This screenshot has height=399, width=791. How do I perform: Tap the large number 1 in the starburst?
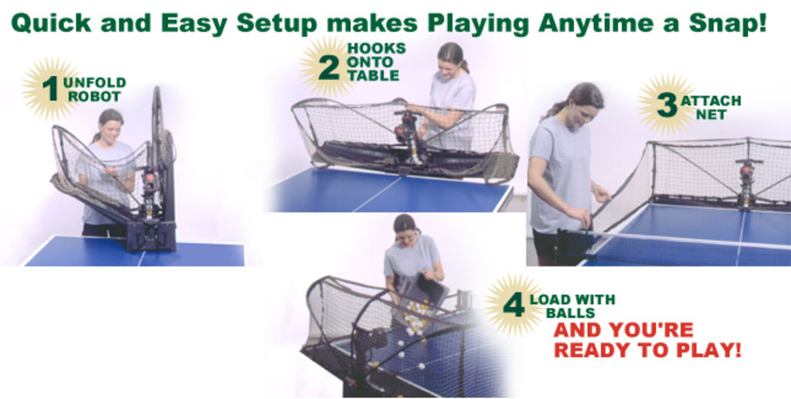click(50, 89)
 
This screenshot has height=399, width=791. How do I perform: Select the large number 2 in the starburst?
click(329, 68)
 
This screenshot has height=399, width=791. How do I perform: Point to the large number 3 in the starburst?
click(667, 105)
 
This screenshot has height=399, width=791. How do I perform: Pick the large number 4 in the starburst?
click(513, 305)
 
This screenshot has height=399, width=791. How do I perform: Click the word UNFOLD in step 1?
click(94, 83)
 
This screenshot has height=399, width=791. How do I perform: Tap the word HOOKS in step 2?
click(376, 48)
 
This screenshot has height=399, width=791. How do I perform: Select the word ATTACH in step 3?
click(711, 100)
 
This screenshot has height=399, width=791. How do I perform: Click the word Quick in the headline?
click(51, 23)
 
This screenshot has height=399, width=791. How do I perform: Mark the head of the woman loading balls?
click(405, 228)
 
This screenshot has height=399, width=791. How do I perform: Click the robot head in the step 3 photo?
click(746, 173)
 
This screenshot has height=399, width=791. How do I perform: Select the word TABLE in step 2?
click(373, 76)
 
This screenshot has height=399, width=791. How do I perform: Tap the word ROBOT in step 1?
click(95, 96)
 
